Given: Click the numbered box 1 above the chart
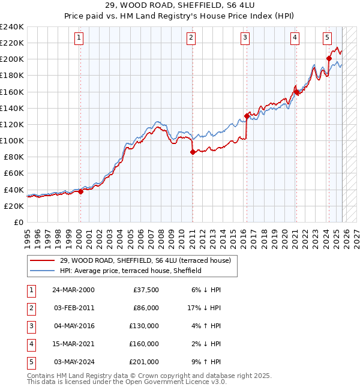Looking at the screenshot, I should (x=79, y=38).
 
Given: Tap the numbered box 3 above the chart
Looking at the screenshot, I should (x=245, y=38).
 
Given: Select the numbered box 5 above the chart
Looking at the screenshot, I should (x=327, y=38).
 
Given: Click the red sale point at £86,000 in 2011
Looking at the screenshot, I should (x=193, y=152).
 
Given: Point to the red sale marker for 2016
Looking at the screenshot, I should (x=247, y=116).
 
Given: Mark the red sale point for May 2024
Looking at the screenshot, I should (x=329, y=58).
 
